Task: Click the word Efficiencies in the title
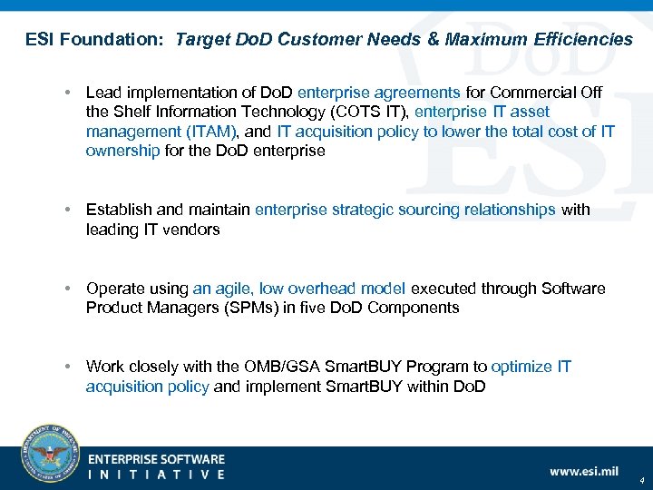click(584, 39)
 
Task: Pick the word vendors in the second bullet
click(191, 230)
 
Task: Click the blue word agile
click(234, 289)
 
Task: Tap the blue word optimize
click(521, 367)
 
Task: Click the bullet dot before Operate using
click(68, 289)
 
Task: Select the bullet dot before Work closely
click(68, 367)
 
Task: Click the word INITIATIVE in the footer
click(156, 474)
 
